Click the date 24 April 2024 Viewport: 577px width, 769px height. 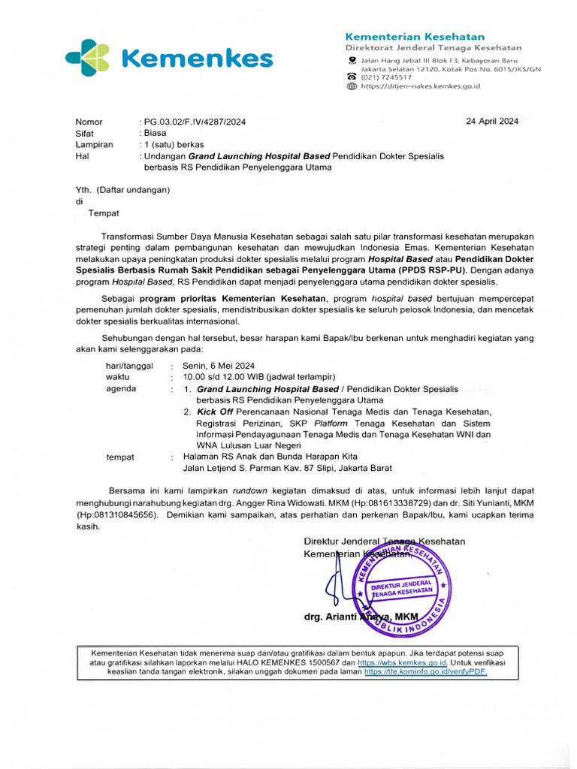click(492, 121)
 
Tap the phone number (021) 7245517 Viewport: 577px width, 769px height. click(386, 77)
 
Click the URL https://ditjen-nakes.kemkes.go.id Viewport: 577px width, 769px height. click(421, 86)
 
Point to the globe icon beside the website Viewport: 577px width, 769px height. click(351, 86)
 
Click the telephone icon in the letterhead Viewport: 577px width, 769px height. click(351, 77)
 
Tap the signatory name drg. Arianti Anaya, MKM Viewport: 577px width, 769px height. click(361, 617)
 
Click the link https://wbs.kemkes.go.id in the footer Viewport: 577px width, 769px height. click(402, 663)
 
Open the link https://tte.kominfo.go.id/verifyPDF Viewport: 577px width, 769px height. click(425, 673)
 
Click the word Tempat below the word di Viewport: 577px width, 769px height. click(104, 213)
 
